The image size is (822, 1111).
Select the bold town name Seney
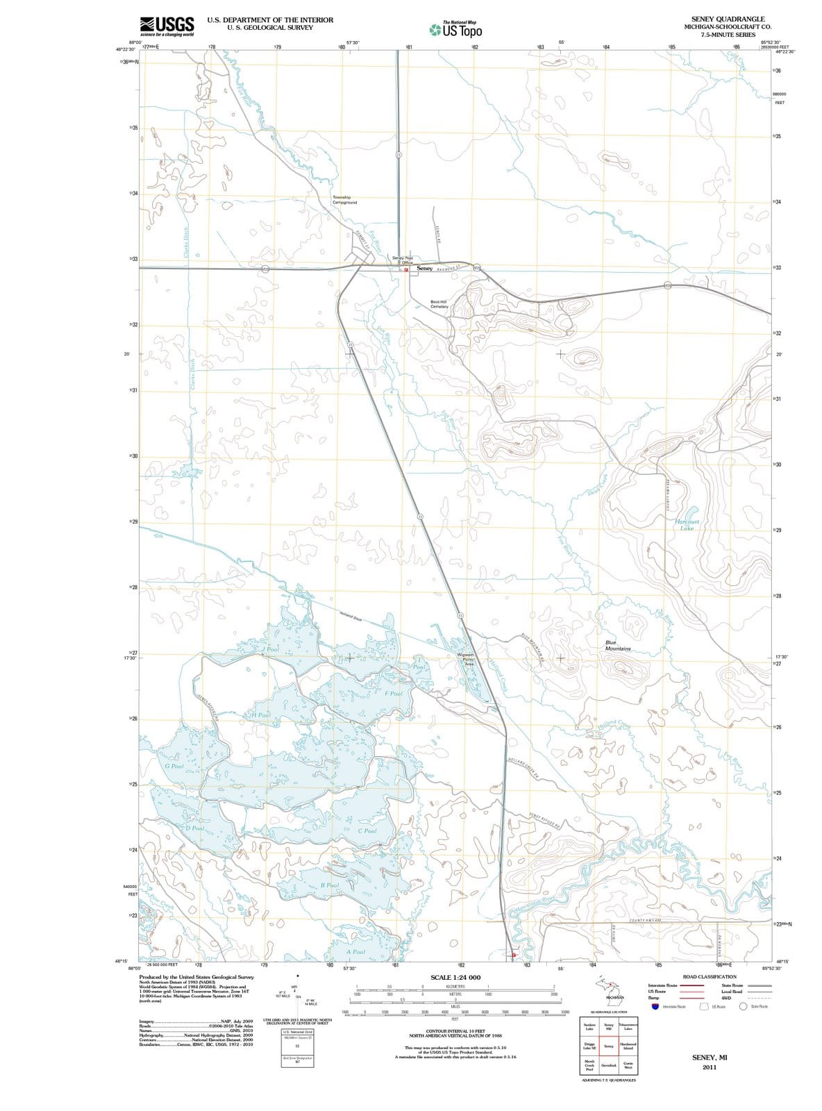tap(424, 268)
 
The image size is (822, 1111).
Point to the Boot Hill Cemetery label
tap(439, 304)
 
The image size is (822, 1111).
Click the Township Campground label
tap(344, 199)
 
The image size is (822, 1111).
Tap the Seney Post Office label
tap(403, 260)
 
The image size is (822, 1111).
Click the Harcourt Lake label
tap(687, 524)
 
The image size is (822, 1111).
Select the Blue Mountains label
tap(617, 645)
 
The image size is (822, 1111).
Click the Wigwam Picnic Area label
tap(466, 659)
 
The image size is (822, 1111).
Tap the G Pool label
tap(174, 766)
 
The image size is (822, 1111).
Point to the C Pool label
tap(367, 830)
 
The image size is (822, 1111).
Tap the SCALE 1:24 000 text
tap(455, 978)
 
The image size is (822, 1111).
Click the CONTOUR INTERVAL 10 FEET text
tap(455, 1031)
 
